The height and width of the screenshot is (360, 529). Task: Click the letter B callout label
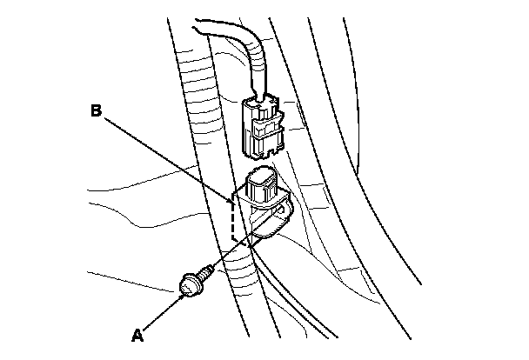(98, 110)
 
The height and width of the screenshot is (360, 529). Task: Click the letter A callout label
(137, 333)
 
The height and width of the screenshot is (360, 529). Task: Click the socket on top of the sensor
(262, 183)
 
